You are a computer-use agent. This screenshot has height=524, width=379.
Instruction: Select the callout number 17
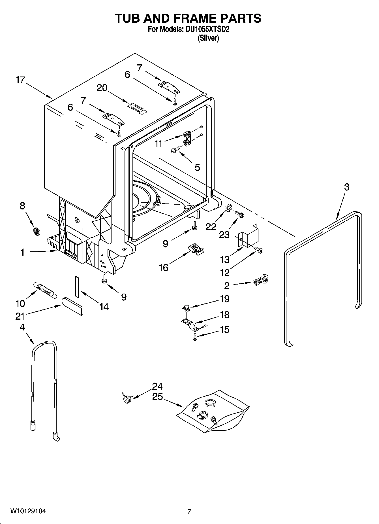click(20, 80)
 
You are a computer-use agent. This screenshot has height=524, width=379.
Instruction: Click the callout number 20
click(102, 88)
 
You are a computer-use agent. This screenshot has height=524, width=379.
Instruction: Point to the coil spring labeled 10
click(44, 290)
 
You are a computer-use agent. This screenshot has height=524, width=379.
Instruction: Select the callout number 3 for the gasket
click(347, 187)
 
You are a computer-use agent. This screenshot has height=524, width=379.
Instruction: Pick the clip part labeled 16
click(196, 249)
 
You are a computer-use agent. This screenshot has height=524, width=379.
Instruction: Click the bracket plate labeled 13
click(249, 236)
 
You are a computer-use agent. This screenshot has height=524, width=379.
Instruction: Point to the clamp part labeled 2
click(261, 281)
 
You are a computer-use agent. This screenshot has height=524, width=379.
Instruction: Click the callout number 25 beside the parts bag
click(157, 397)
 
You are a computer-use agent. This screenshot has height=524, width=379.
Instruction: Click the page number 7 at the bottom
click(189, 512)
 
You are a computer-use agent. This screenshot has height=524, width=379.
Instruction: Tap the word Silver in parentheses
click(208, 38)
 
